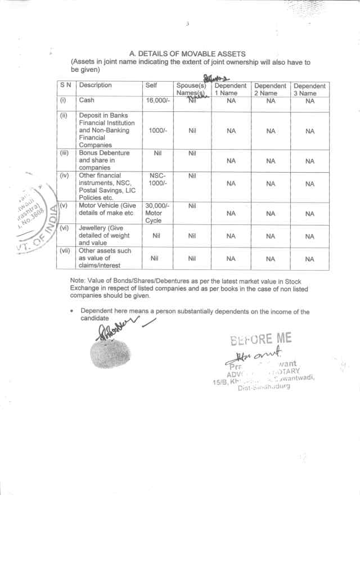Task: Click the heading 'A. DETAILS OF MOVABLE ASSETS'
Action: coord(187,54)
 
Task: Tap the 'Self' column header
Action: coord(151,85)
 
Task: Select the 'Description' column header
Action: coord(96,85)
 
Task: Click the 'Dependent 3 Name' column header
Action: coord(309,89)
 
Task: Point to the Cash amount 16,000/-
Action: coord(157,101)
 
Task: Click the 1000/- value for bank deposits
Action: coord(157,130)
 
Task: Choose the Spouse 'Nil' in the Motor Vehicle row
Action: coord(192,206)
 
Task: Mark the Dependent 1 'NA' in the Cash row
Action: coord(231,101)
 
